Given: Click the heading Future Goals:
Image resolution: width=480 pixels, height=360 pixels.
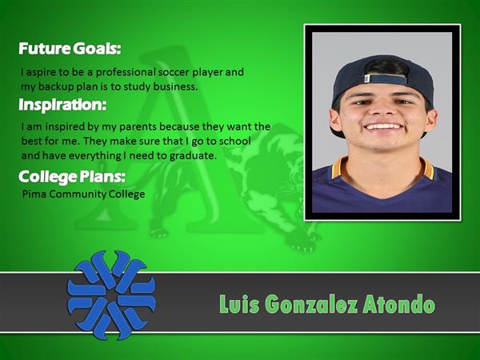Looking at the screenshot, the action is [70, 48].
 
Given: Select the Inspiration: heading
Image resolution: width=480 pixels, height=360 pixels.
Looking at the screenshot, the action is [62, 105].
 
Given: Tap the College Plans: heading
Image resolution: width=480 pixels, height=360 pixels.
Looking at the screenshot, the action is [72, 177].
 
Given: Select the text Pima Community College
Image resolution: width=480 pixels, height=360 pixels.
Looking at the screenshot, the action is [83, 194].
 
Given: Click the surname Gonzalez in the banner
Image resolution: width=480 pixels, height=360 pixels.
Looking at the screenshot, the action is [311, 304].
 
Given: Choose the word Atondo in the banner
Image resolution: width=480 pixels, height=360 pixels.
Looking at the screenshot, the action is [398, 304].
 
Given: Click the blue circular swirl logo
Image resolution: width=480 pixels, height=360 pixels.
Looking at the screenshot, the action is [111, 295].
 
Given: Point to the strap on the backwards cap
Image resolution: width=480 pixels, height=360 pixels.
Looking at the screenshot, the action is [386, 79].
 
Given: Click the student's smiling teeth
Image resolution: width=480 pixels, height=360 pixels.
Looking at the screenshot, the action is [383, 126].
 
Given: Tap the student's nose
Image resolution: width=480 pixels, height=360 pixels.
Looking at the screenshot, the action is [382, 110].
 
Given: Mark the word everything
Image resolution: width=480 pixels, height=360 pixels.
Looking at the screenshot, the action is [95, 156].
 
